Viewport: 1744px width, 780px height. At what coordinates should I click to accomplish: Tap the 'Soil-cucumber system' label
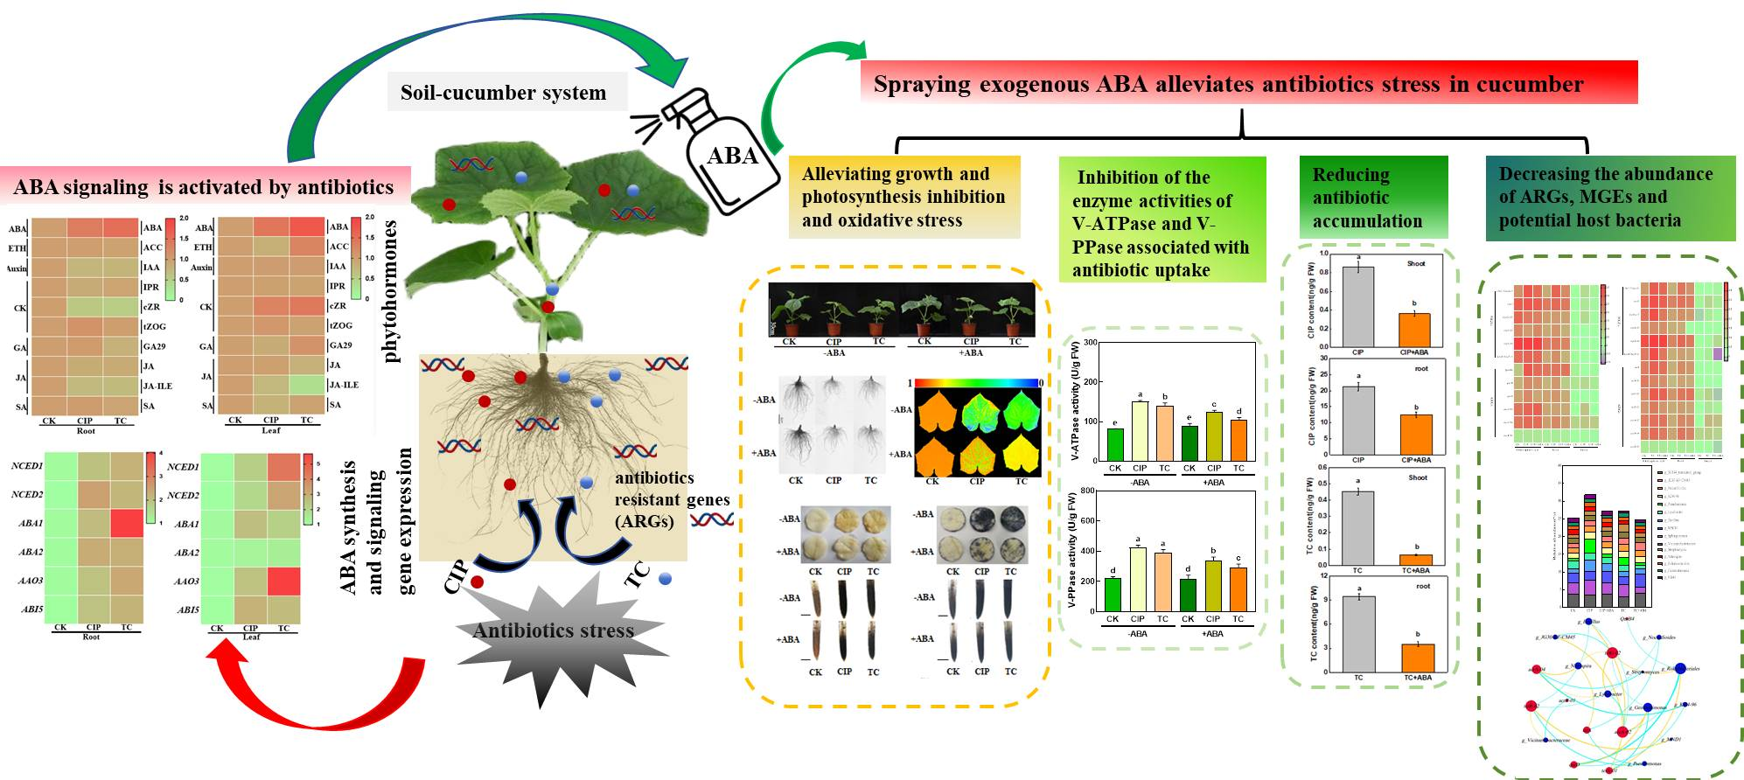[x=503, y=93]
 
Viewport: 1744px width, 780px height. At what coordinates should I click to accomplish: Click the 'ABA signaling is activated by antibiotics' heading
[x=204, y=186]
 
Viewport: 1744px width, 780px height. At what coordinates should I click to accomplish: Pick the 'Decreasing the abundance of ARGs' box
[x=1610, y=198]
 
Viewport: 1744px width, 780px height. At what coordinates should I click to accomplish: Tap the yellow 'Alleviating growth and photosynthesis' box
[x=903, y=198]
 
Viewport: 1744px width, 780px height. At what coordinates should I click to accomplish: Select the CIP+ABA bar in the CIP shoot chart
[x=1414, y=330]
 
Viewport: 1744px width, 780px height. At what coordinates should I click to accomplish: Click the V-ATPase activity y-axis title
[x=1073, y=400]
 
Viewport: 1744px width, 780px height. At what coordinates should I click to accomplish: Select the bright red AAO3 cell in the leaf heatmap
[x=283, y=581]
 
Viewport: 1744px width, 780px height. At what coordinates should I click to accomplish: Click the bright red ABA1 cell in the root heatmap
[x=127, y=523]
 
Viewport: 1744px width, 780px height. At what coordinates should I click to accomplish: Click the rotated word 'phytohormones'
[x=391, y=291]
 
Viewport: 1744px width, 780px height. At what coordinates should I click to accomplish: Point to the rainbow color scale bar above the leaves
[x=976, y=383]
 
